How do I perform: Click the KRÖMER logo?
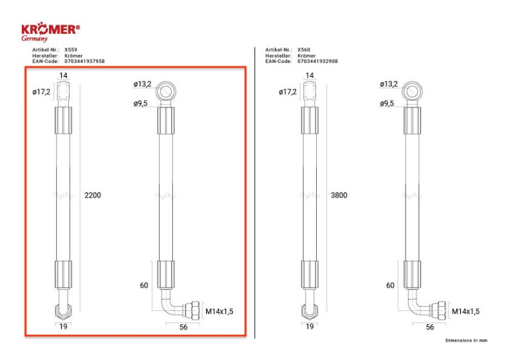50,31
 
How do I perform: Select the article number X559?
71,50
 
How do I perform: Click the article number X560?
304,50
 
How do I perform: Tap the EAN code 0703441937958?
84,61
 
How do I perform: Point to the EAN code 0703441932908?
317,61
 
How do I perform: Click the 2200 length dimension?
93,195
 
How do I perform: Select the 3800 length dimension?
339,195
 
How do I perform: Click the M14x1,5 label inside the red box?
219,312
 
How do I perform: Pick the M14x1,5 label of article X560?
465,312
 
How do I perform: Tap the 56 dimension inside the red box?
184,328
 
